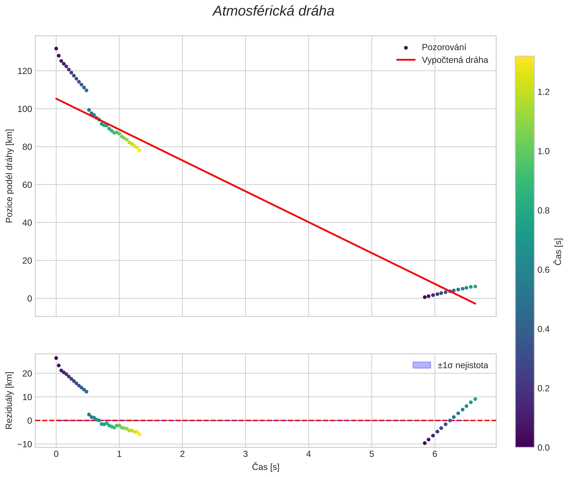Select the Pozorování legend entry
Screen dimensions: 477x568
click(444, 47)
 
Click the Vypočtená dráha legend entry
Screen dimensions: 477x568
click(455, 60)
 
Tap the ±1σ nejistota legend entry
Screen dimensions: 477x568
click(462, 365)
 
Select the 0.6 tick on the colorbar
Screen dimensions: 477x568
click(543, 270)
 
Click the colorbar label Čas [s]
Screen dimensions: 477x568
click(558, 252)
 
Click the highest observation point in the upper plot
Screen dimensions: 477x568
click(56, 49)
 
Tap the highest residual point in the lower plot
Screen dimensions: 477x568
click(56, 358)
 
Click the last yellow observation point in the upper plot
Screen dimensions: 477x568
click(139, 151)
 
